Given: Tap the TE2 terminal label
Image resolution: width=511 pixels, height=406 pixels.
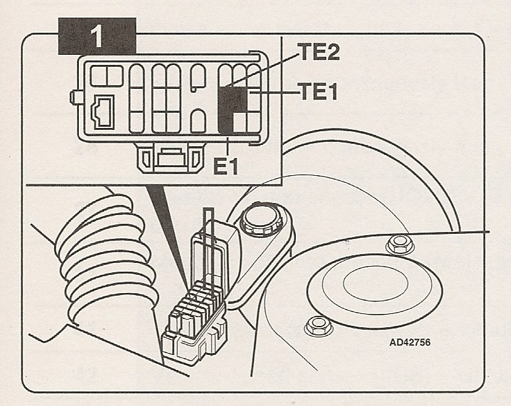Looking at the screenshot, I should pos(318,52).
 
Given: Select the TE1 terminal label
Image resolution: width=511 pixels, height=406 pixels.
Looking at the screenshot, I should pos(318,93).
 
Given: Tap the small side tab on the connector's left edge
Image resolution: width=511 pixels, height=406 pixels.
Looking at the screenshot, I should pos(76,98).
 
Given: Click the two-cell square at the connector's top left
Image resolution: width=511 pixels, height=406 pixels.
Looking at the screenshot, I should pos(106,76).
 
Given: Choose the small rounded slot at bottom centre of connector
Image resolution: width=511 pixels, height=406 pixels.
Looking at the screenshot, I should pos(197,120).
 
